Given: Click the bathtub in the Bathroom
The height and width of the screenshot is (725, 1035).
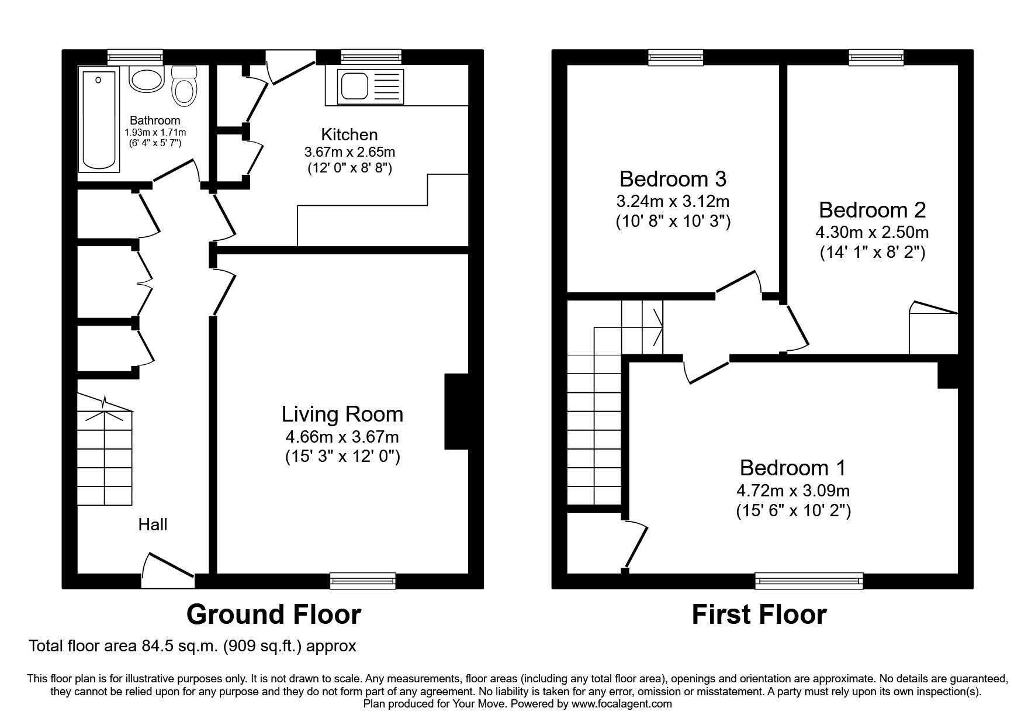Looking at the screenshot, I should click(99, 120).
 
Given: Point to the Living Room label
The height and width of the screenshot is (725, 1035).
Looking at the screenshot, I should click(342, 414).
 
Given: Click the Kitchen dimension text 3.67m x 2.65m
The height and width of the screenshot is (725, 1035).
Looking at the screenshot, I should click(349, 152).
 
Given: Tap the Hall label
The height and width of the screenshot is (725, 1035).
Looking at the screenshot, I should click(153, 524).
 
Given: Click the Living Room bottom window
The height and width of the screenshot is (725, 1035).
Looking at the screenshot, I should click(362, 581).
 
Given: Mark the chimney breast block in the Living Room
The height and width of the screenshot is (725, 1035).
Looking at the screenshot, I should click(456, 412).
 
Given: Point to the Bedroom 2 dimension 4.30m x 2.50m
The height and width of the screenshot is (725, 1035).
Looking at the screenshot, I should click(872, 232).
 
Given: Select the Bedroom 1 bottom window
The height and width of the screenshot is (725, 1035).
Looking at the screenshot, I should click(809, 581).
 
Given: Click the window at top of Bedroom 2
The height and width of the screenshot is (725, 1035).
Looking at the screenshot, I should click(875, 57).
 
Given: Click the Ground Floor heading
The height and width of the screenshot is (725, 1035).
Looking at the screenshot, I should click(274, 614).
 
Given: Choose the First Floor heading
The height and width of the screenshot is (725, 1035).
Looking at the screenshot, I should click(759, 615).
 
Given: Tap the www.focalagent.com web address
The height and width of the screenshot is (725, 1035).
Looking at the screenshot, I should click(621, 704).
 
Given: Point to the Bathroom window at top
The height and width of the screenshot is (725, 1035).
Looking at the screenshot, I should click(135, 57).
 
